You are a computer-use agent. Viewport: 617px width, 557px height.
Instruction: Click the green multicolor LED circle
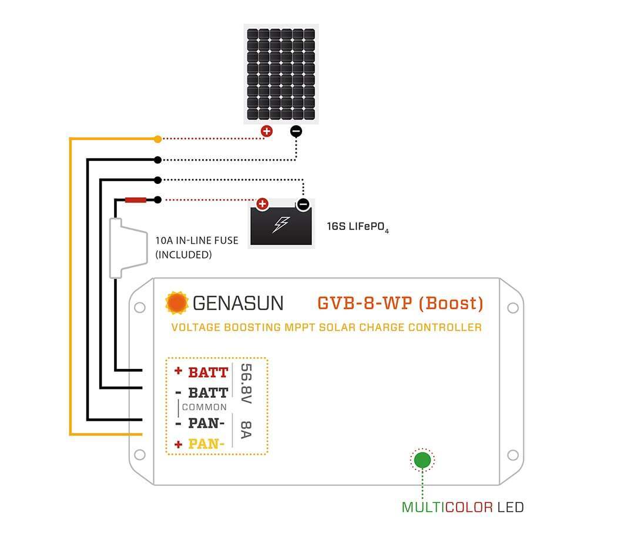pos(422,459)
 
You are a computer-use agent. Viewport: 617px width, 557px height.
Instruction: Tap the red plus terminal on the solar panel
pos(267,131)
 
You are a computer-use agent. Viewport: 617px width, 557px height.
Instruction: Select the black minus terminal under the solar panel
pos(296,131)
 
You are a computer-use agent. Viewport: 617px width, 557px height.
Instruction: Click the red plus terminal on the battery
pos(262,204)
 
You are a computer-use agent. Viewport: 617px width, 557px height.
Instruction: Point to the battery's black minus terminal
pos(303,204)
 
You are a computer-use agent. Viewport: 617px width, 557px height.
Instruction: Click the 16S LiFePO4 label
pos(358,227)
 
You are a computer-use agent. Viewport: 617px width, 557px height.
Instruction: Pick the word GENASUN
pos(237,303)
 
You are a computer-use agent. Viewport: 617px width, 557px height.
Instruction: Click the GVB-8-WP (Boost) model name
pos(400,303)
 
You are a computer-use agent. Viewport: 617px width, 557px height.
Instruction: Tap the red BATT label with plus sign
pos(202,372)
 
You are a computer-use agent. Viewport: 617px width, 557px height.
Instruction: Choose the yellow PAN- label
pos(206,444)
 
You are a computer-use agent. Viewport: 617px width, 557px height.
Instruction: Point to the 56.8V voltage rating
pos(246,384)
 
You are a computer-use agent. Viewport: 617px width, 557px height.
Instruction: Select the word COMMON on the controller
pos(204,407)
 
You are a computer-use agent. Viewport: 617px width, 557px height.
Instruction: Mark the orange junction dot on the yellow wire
pos(157,139)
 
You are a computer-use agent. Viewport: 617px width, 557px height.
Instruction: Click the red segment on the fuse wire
pos(136,200)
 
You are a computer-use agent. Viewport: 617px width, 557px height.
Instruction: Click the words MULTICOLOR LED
pos(462,506)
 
